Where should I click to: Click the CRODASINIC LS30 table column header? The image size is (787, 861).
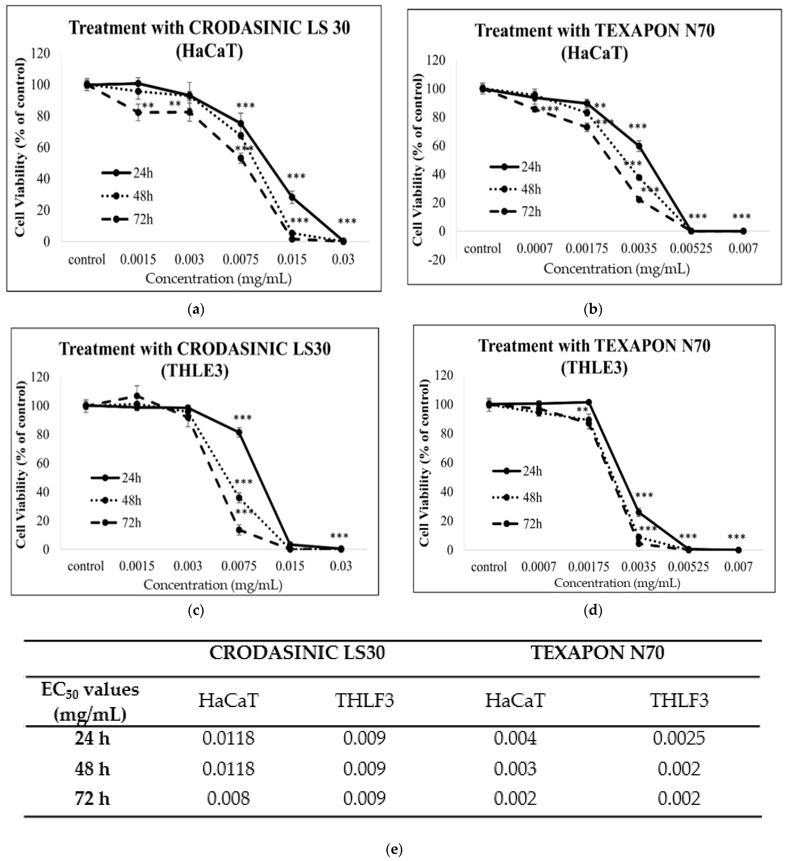[x=297, y=653]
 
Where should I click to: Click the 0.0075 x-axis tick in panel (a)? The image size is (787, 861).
[x=241, y=259]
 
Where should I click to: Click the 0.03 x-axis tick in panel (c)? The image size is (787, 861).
[x=341, y=566]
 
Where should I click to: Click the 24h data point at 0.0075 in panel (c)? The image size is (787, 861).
[x=239, y=432]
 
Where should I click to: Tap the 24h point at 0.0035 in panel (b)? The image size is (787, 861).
[x=639, y=146]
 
